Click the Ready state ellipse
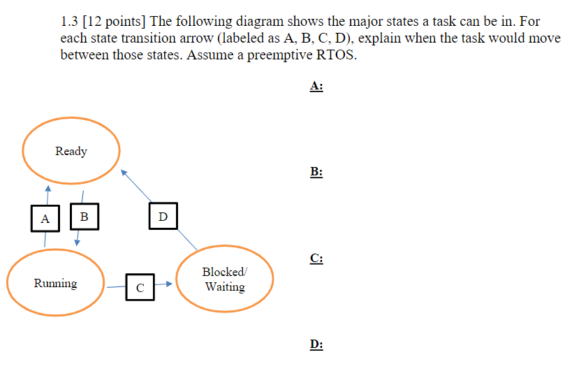(71, 151)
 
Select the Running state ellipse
(56, 284)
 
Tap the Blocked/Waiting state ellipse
(224, 279)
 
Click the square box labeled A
(45, 219)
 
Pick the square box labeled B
(84, 217)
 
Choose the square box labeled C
(140, 286)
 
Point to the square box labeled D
(163, 217)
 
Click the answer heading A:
(316, 86)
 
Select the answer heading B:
(316, 172)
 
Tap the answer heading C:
(316, 259)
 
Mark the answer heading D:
(316, 344)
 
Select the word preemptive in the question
(277, 55)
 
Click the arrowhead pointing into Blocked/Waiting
(168, 284)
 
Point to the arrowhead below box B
(78, 242)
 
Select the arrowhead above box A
(47, 187)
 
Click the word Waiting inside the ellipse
(225, 287)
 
